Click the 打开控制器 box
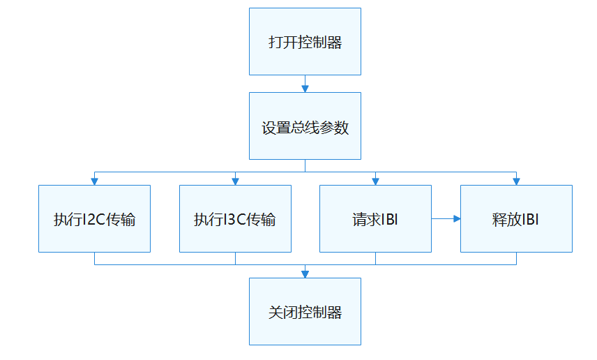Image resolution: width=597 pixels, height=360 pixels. point(305,42)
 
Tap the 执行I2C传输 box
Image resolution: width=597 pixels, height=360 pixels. point(94,218)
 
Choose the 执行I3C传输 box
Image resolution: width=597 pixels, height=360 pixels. point(235,218)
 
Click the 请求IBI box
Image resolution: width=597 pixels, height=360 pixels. point(375,218)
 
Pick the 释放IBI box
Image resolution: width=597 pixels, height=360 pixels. point(516,218)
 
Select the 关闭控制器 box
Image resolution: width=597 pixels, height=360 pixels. point(305,311)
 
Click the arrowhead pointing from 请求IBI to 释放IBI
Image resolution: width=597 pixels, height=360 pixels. point(457,218)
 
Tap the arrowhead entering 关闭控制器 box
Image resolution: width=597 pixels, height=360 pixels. point(305,273)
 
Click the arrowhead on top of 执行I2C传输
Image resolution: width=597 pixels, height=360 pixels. point(94,181)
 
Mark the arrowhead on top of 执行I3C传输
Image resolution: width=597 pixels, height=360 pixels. point(235,181)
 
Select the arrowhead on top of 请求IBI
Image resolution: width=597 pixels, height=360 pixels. point(375,181)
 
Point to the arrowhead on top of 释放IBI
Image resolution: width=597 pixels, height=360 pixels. point(516,181)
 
